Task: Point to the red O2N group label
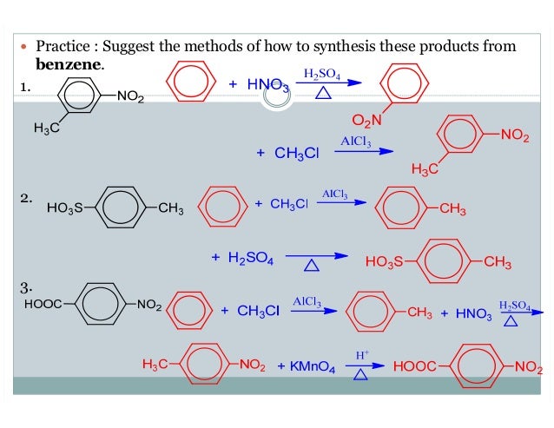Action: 367,120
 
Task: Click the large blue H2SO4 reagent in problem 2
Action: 250,258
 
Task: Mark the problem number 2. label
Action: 27,199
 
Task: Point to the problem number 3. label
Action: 27,287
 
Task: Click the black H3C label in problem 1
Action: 46,129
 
